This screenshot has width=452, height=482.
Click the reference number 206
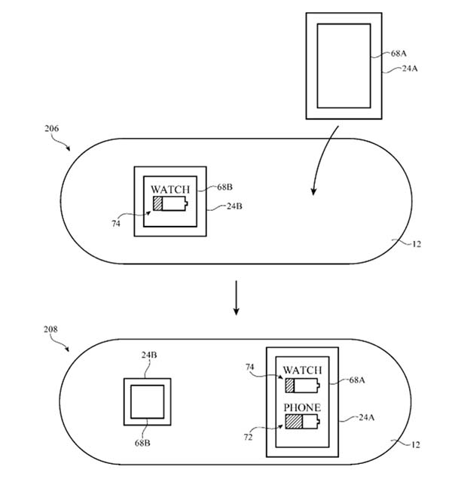(51, 128)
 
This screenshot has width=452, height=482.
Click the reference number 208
(50, 329)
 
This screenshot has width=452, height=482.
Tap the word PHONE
(302, 407)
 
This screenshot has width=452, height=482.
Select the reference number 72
(248, 437)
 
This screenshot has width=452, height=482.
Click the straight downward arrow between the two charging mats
(236, 297)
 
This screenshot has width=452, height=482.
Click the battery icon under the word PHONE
(302, 422)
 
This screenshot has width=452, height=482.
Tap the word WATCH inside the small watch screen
(170, 189)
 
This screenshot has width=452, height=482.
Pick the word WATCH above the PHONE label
(302, 370)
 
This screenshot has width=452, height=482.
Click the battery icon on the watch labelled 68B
(170, 203)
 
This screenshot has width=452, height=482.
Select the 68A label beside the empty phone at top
(399, 53)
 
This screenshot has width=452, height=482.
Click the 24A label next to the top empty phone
(410, 69)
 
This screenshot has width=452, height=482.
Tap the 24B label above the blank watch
(149, 355)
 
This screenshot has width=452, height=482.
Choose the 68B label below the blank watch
(142, 443)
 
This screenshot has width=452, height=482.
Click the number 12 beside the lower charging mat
(415, 444)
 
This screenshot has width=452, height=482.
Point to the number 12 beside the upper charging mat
(417, 244)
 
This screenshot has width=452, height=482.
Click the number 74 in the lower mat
(249, 367)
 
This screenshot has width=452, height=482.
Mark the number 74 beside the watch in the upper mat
(115, 224)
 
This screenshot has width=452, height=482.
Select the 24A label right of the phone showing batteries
(367, 417)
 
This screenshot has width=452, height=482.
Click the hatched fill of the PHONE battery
(294, 422)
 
